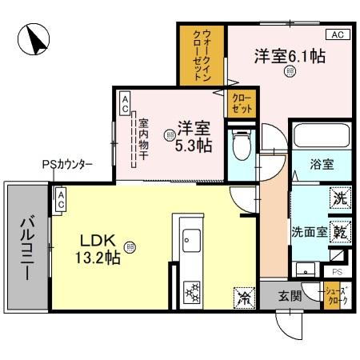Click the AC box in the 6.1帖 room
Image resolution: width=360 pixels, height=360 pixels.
pyautogui.click(x=338, y=34)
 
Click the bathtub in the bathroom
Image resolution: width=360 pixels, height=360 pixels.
pyautogui.click(x=320, y=138)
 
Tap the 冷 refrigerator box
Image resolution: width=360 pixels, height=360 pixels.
pyautogui.click(x=243, y=297)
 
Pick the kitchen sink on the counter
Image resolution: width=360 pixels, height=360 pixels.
pyautogui.click(x=192, y=239)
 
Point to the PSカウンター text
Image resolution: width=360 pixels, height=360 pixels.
pyautogui.click(x=67, y=165)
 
